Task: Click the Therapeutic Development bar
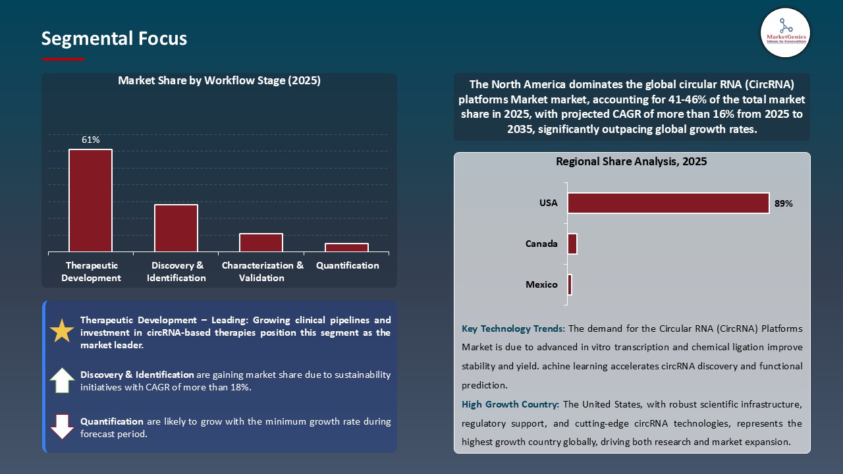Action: click(90, 200)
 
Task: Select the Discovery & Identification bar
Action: click(176, 228)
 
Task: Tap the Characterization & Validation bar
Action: click(261, 242)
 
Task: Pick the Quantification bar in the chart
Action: click(346, 248)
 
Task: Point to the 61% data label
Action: click(91, 140)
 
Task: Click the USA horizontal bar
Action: click(668, 203)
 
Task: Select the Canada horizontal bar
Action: click(572, 244)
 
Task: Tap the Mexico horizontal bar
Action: click(570, 284)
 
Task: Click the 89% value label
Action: click(784, 203)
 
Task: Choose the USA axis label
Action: click(548, 203)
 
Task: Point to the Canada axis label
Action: click(541, 244)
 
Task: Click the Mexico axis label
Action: click(541, 284)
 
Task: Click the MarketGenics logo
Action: click(785, 32)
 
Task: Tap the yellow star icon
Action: click(62, 331)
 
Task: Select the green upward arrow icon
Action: click(62, 380)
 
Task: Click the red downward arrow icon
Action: click(62, 427)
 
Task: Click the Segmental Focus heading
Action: click(114, 38)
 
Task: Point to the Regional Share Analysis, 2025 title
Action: click(631, 161)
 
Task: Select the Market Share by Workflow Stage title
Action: click(219, 80)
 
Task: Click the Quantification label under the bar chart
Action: click(347, 265)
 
